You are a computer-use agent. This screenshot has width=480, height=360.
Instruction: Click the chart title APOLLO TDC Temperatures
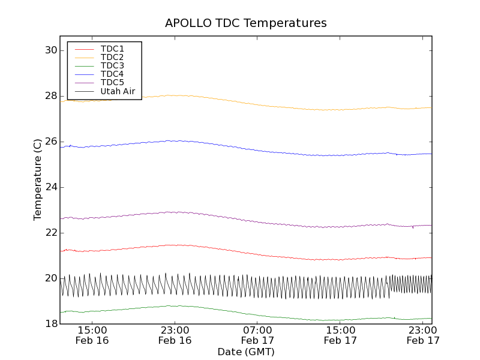pos(246,23)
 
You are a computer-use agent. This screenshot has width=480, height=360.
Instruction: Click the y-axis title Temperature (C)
pos(38,179)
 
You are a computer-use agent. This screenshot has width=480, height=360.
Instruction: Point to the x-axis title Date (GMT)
pos(246,352)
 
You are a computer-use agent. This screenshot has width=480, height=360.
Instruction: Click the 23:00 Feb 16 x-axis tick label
pos(175,335)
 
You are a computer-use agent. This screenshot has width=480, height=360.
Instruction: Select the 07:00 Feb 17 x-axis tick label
pos(257,335)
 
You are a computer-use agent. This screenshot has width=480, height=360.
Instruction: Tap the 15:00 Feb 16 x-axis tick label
pos(92,335)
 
